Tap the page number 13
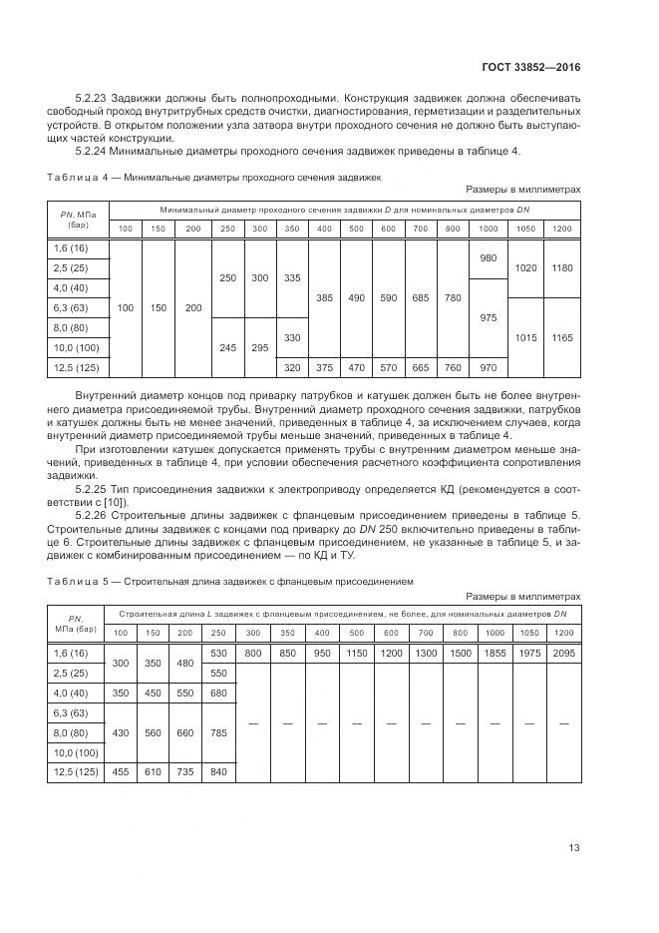(573, 848)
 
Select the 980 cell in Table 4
(489, 258)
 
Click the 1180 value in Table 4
(561, 267)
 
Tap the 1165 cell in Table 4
(561, 338)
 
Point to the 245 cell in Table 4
(227, 347)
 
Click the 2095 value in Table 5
(563, 654)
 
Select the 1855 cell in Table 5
(494, 654)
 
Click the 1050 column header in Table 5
(529, 633)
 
